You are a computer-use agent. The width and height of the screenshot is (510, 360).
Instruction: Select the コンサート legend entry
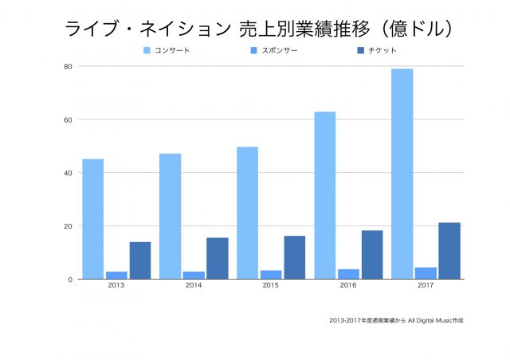171,51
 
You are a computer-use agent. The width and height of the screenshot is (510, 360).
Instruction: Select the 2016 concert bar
325,195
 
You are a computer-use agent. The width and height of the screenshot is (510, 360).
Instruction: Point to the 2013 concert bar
92,219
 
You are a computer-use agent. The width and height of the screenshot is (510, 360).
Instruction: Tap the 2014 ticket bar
218,258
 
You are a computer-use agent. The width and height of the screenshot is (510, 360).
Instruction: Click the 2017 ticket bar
449,251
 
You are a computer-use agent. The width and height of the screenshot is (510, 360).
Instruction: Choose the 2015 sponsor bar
271,275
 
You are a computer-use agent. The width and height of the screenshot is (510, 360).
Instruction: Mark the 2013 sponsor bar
116,276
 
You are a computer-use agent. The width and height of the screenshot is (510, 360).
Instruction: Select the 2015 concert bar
247,213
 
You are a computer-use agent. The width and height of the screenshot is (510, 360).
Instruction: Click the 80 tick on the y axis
69,66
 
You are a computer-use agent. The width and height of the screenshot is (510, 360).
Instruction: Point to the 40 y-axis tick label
69,173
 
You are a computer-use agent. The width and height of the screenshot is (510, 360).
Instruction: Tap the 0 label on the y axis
71,280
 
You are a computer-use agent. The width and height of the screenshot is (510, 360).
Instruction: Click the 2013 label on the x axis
116,286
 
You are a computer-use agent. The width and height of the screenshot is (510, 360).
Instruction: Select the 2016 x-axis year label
348,286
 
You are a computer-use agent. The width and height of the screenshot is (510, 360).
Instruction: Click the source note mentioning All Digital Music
396,320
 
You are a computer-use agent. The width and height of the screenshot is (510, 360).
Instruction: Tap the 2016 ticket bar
372,255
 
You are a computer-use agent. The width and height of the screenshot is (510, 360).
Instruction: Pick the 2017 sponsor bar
426,273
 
